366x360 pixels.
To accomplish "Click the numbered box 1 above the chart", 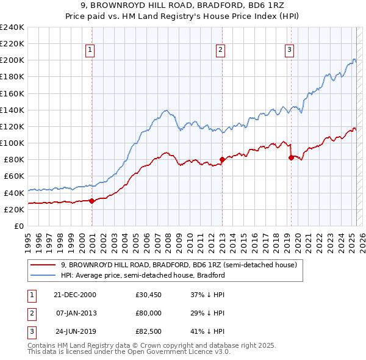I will (90, 50).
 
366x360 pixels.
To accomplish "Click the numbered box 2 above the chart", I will (220, 50).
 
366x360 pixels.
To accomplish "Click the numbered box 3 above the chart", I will (289, 50).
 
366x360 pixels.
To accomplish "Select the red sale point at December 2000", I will (92, 201).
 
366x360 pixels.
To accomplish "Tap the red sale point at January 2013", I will (221, 160).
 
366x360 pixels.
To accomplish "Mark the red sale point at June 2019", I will (291, 157).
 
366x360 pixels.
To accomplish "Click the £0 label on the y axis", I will (19, 226).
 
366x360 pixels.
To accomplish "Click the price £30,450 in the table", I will (148, 295).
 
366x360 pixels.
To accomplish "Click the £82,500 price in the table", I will (148, 332).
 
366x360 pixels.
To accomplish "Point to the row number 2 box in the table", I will (31, 313).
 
